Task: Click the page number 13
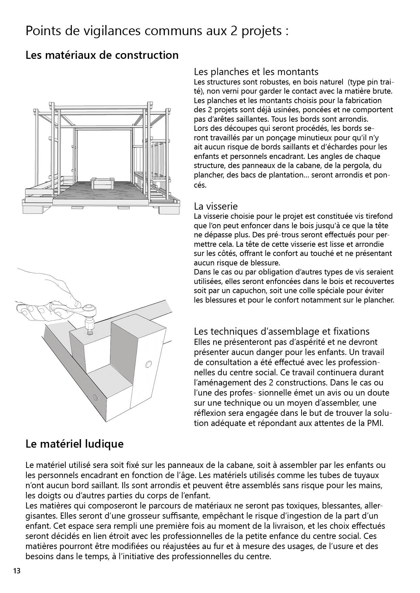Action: coord(17,571)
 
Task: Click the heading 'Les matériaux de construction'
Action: coord(102,55)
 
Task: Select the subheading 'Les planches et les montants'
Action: coord(256,72)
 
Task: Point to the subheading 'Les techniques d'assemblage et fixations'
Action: coord(282,331)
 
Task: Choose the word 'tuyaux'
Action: coord(367,475)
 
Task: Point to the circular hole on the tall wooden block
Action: coord(148,364)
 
